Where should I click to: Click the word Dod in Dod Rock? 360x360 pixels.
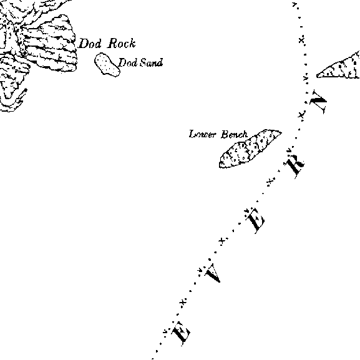pyautogui.click(x=90, y=44)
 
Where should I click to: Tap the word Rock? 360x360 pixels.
pyautogui.click(x=122, y=43)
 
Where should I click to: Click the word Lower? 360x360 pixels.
pyautogui.click(x=203, y=134)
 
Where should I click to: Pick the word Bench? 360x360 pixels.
pyautogui.click(x=235, y=134)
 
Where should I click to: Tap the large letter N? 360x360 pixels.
pyautogui.click(x=318, y=102)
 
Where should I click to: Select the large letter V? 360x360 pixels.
pyautogui.click(x=213, y=273)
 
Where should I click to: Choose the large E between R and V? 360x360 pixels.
pyautogui.click(x=255, y=221)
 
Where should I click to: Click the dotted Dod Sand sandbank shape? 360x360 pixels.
pyautogui.click(x=107, y=64)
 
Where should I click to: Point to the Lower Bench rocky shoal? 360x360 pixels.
pyautogui.click(x=249, y=148)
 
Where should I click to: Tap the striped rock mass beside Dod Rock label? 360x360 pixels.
pyautogui.click(x=49, y=43)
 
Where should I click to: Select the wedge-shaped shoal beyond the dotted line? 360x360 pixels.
pyautogui.click(x=339, y=66)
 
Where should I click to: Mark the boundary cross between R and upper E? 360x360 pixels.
pyautogui.click(x=270, y=182)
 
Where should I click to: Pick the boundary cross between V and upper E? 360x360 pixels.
pyautogui.click(x=221, y=241)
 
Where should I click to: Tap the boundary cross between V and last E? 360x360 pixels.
pyautogui.click(x=183, y=303)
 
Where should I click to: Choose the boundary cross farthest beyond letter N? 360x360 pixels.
pyautogui.click(x=301, y=40)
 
